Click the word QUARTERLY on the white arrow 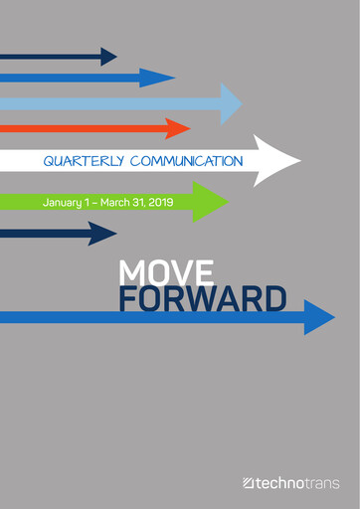tap(83, 160)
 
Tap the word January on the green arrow tap(64, 202)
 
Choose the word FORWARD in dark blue tap(203, 298)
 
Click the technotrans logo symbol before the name tap(249, 483)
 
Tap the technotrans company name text tap(297, 483)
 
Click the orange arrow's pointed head tap(178, 128)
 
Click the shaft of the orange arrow tap(80, 128)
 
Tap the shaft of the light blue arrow tap(99, 102)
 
